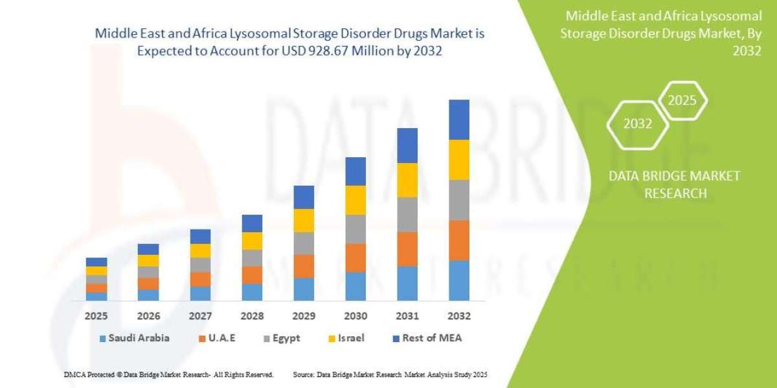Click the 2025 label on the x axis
[x=96, y=316]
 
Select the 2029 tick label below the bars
[x=304, y=316]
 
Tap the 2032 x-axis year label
[x=459, y=316]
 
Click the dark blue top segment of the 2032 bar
[x=459, y=120]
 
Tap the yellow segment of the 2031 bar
[x=407, y=180]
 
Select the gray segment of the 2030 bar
[x=355, y=229]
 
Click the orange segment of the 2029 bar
[x=304, y=266]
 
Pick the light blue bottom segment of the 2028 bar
[x=252, y=292]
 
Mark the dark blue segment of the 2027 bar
[x=200, y=236]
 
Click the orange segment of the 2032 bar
[x=459, y=241]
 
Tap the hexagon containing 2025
[x=682, y=101]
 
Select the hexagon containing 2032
[x=638, y=124]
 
